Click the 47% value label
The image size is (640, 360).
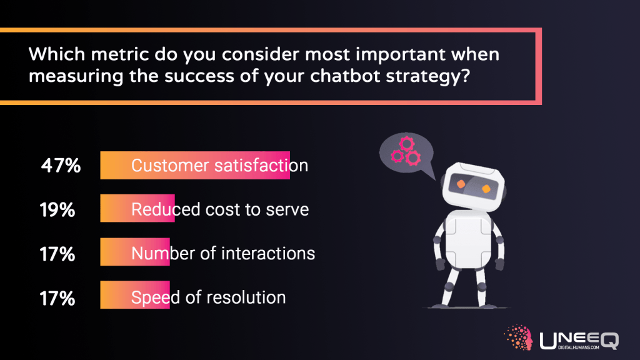tap(61, 166)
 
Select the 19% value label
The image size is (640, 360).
tap(57, 209)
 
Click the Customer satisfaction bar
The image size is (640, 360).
tap(194, 166)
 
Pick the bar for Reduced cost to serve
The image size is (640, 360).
tap(137, 209)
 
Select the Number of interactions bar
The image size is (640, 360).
tap(134, 252)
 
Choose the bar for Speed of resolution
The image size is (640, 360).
tap(134, 295)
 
